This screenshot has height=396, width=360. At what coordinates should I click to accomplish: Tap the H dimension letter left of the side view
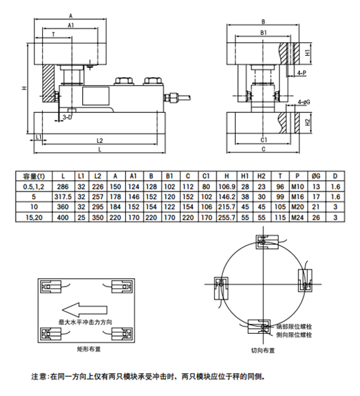(24, 88)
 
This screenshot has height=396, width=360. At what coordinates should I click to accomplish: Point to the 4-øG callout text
(303, 102)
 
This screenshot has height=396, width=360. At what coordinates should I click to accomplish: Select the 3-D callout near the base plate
(66, 116)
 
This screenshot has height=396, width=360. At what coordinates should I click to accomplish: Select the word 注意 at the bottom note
(39, 375)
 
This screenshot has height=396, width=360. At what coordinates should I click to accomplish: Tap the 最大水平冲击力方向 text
(86, 323)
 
